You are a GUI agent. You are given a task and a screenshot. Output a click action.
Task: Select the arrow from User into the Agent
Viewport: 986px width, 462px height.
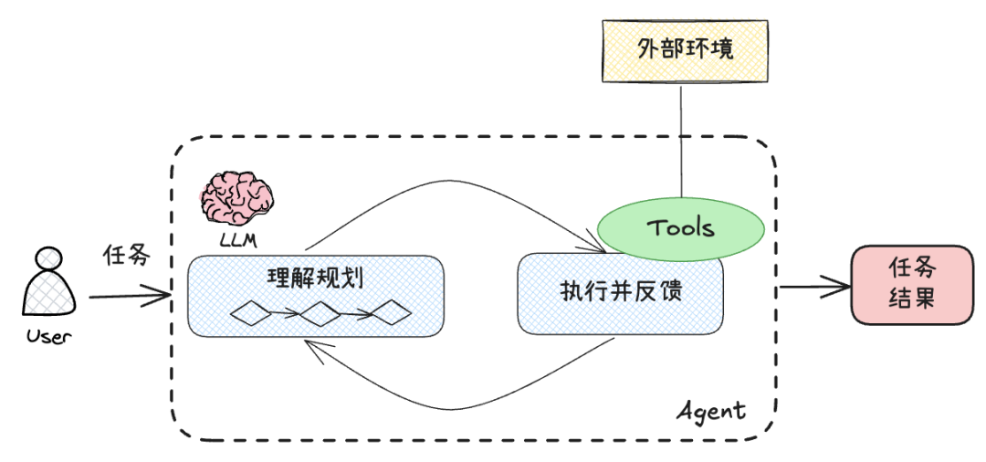point(128,296)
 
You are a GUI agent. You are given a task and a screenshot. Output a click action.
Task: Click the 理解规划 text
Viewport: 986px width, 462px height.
point(315,277)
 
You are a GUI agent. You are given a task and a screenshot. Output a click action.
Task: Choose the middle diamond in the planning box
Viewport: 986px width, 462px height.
point(320,314)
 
